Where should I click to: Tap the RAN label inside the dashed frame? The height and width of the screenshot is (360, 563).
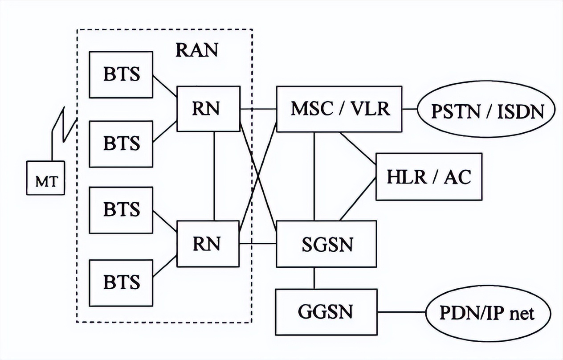click(x=197, y=50)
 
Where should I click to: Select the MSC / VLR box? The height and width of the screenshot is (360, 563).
click(x=339, y=109)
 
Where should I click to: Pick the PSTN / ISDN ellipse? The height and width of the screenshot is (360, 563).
click(x=487, y=110)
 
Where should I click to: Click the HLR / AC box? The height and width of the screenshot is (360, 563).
click(x=429, y=176)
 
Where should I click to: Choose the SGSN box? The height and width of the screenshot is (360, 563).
click(x=326, y=244)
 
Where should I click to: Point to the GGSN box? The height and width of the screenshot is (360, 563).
click(x=326, y=312)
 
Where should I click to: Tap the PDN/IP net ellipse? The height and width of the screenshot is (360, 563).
click(x=486, y=313)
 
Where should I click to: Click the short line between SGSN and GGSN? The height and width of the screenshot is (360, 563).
click(x=314, y=278)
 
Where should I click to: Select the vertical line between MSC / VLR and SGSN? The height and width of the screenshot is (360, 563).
click(x=314, y=176)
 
